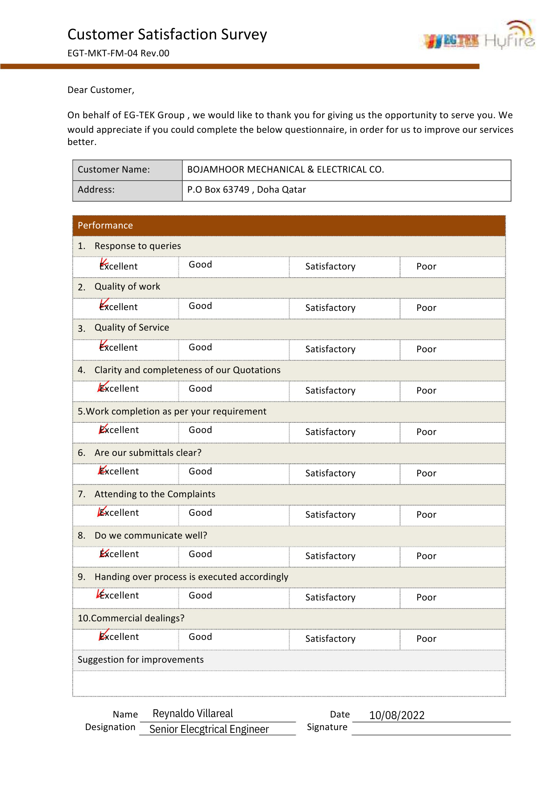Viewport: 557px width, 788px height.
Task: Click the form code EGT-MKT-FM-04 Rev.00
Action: (118, 53)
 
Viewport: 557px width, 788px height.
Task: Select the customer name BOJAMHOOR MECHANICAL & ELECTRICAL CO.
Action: (285, 169)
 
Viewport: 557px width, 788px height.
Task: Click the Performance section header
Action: (105, 225)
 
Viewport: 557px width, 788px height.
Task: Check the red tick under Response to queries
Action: (104, 263)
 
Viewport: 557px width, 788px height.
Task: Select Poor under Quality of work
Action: (426, 308)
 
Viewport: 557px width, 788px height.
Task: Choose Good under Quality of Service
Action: (200, 347)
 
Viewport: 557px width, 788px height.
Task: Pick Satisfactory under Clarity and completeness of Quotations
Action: (330, 390)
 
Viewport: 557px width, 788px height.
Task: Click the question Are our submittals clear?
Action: (148, 453)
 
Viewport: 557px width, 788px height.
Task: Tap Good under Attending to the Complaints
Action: (200, 513)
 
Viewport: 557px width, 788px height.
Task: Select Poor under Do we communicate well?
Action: (426, 556)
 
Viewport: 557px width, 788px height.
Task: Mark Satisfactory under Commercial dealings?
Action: (330, 639)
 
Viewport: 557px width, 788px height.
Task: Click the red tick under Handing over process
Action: (100, 594)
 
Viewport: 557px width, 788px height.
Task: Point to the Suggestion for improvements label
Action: (141, 660)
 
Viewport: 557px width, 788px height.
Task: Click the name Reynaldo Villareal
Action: (193, 714)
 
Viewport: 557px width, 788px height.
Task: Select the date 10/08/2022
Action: (397, 715)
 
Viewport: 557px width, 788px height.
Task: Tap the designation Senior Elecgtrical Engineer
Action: (209, 729)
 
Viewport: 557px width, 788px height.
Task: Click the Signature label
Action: (327, 727)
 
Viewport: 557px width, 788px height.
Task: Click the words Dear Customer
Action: (100, 90)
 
